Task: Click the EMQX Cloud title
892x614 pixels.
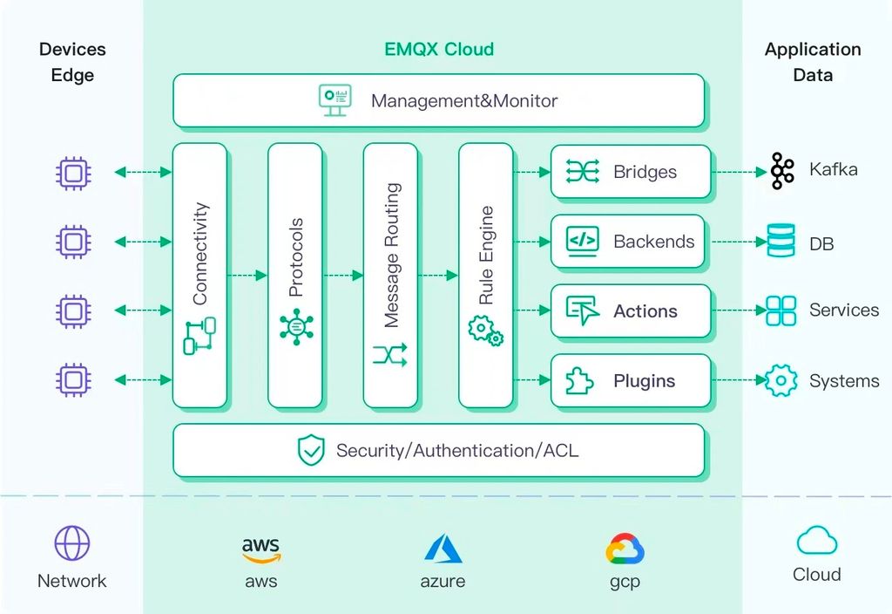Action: [439, 49]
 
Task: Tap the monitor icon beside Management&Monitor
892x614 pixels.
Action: [335, 100]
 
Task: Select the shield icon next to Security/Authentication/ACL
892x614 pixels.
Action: [311, 451]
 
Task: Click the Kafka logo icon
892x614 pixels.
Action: [782, 171]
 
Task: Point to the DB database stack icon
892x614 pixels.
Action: [780, 241]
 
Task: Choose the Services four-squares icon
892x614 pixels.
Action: [780, 310]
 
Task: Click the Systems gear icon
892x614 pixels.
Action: [780, 380]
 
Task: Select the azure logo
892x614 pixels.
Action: [443, 549]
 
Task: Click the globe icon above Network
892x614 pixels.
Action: [72, 543]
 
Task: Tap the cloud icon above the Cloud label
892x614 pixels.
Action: [816, 541]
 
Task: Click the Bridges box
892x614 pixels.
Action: [631, 171]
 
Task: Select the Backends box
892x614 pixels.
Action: [631, 241]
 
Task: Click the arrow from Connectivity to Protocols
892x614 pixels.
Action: [247, 276]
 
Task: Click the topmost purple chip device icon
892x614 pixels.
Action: [73, 173]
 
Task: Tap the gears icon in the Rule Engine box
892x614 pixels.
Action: [485, 331]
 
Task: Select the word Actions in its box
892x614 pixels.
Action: [645, 311]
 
